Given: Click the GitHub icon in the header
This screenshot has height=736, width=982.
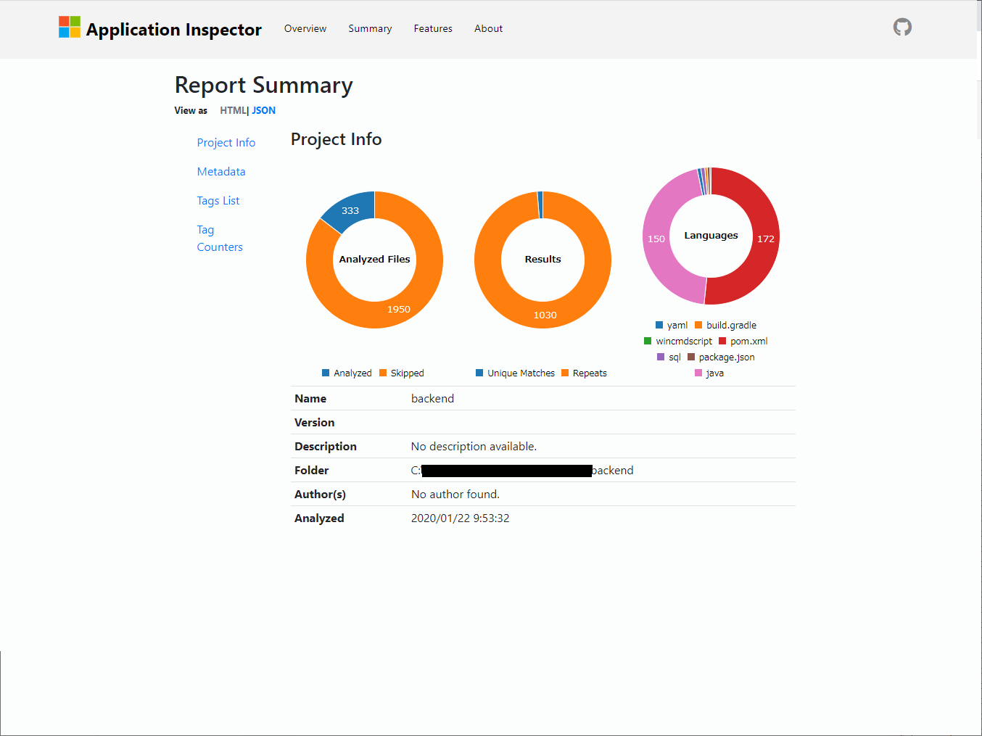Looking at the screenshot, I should tap(902, 28).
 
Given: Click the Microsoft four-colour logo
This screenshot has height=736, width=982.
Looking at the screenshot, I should tap(70, 28).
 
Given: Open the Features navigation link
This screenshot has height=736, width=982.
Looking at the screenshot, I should tap(433, 29).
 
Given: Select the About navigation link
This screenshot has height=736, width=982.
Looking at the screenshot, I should tap(488, 29).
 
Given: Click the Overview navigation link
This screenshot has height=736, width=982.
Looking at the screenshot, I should tap(305, 29).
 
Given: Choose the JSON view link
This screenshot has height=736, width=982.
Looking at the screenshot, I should tap(264, 111).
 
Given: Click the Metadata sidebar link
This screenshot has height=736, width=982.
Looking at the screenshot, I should tap(221, 172).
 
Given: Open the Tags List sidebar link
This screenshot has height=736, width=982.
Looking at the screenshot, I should tap(218, 201).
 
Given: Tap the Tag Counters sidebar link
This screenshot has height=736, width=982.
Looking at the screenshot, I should tap(219, 239).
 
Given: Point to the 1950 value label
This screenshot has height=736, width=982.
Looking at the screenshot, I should tap(398, 310).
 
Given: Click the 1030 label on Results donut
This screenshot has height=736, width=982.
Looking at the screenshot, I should tap(545, 315).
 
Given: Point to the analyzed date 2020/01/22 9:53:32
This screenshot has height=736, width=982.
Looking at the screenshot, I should tap(460, 518).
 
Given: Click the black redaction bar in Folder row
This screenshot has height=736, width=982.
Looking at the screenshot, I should tap(506, 471).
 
